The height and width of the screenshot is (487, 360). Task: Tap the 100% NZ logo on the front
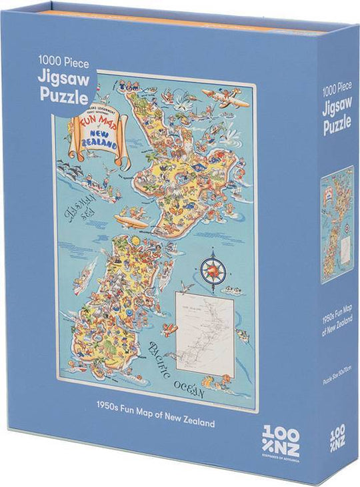[x=281, y=437]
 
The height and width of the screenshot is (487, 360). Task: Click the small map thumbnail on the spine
[x=337, y=225]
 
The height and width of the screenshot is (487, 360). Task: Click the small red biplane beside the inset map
[x=173, y=329]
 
